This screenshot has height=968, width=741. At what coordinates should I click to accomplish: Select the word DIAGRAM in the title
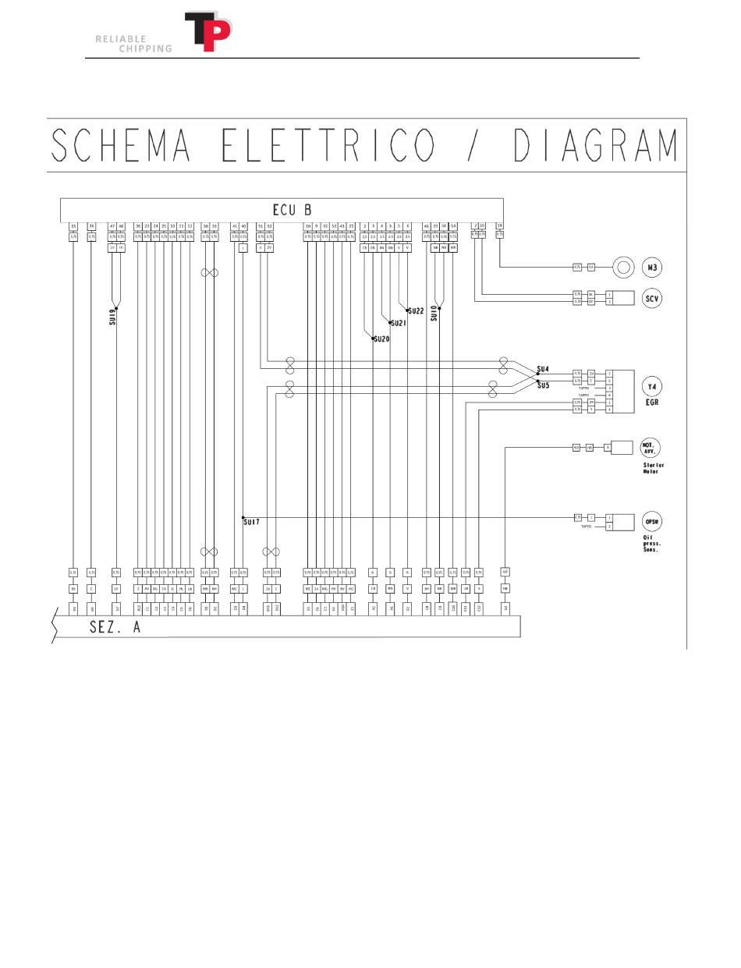coord(597,145)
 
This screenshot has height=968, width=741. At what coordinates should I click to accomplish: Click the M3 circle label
coord(652,268)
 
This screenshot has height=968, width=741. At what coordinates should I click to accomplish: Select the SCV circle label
coord(652,298)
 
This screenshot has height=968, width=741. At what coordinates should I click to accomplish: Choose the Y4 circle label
coord(652,385)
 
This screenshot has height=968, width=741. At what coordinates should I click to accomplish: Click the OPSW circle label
coord(652,521)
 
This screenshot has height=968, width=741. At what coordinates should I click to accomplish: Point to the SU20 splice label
coord(381,339)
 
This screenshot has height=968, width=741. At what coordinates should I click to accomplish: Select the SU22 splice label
coord(416,310)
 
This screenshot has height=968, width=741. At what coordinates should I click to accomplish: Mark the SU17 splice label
coord(250,522)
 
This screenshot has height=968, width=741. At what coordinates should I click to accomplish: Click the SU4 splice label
coord(543,369)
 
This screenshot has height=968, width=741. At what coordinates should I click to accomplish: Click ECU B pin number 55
coord(73,226)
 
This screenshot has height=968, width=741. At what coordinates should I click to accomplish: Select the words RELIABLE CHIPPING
coord(133,44)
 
